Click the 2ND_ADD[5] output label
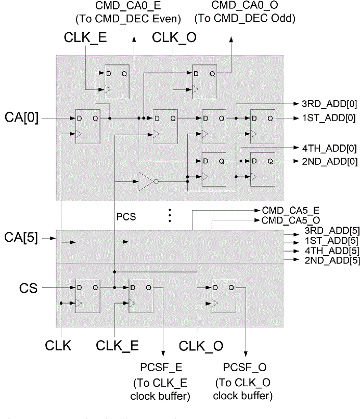[325, 259]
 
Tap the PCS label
[127, 217]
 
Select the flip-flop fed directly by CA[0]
[87, 125]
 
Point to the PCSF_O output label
[245, 368]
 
